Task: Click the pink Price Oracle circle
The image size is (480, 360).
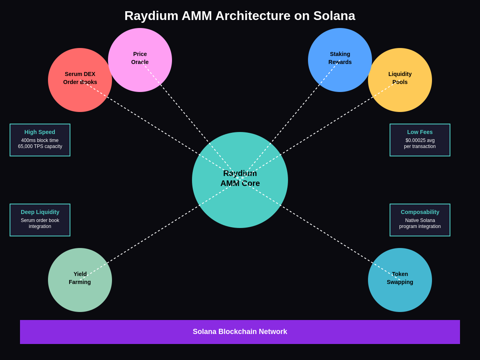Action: (x=140, y=60)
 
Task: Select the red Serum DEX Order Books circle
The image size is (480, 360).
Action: (x=80, y=80)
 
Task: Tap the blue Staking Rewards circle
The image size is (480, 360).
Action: (x=340, y=60)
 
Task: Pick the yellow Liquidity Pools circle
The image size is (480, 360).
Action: (x=400, y=80)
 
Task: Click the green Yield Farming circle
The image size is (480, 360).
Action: (x=80, y=280)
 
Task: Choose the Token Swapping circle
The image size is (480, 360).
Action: (x=400, y=280)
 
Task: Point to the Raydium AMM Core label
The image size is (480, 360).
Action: (x=240, y=178)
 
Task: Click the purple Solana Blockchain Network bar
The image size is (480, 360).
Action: (x=240, y=332)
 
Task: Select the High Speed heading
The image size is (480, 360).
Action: (x=40, y=132)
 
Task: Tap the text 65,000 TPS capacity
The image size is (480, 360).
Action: (x=40, y=146)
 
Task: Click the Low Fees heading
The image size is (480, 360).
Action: (x=420, y=132)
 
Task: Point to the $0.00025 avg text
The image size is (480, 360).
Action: (x=420, y=140)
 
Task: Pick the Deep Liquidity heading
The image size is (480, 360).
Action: (x=40, y=212)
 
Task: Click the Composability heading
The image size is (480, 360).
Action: (x=420, y=212)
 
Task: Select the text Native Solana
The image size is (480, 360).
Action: (x=420, y=220)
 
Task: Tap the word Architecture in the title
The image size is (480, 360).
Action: (x=253, y=16)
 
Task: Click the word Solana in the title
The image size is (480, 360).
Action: (x=334, y=16)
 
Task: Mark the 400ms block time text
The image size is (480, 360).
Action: (x=40, y=140)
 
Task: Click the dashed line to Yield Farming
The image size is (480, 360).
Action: (x=160, y=230)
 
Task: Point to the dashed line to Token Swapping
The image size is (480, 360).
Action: (x=320, y=230)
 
